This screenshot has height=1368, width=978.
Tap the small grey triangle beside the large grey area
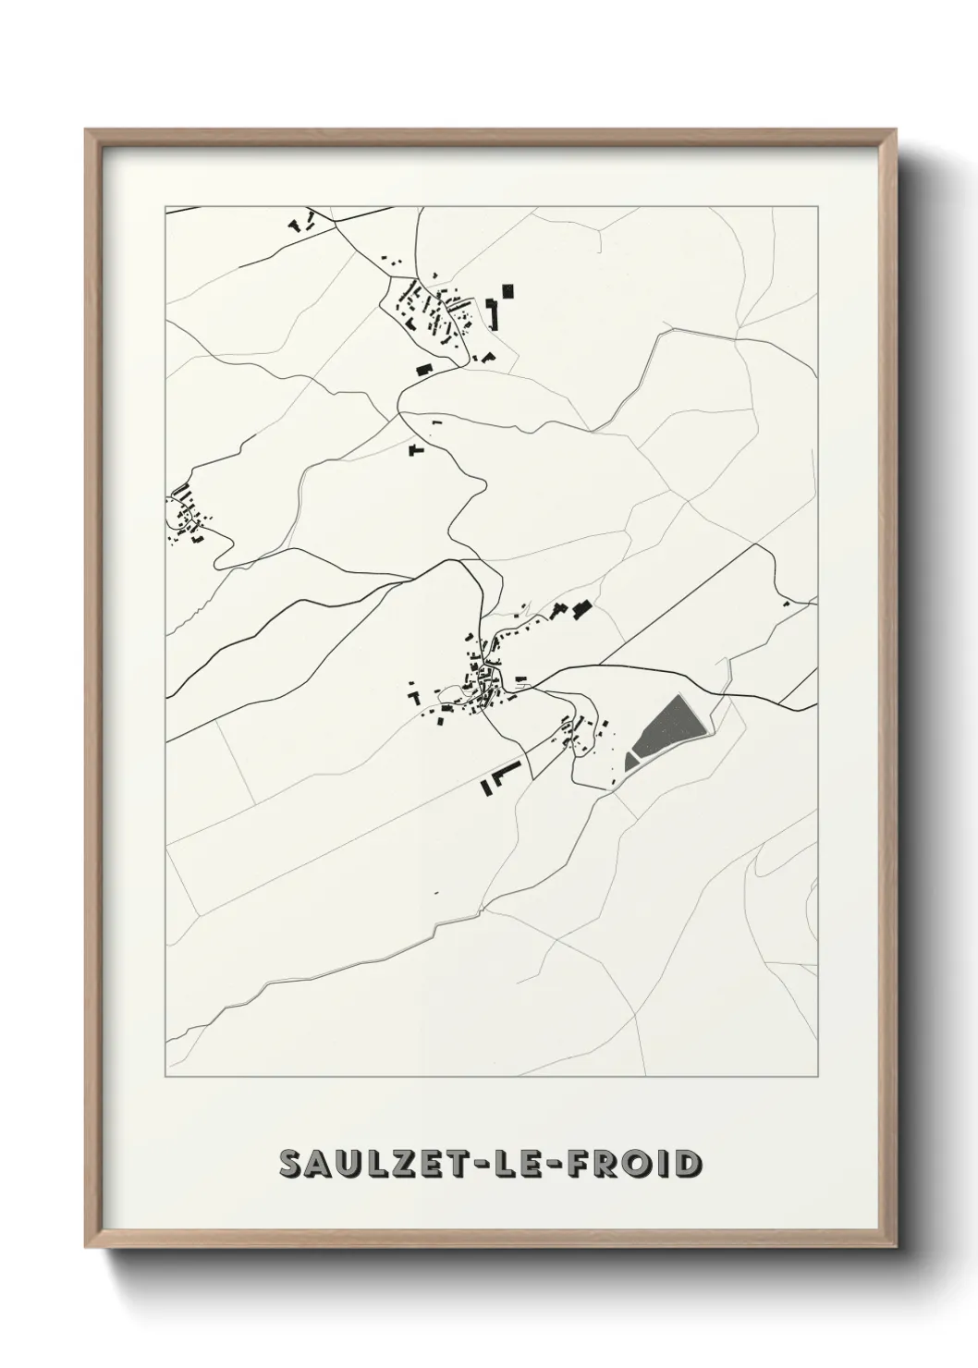(x=631, y=762)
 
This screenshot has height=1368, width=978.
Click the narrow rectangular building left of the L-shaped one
(x=483, y=788)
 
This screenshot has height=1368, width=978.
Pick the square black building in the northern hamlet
(x=507, y=290)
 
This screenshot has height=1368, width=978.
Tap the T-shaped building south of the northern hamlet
(x=416, y=450)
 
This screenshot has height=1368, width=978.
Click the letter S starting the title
(x=294, y=1165)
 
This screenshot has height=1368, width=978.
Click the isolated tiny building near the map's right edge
(x=786, y=604)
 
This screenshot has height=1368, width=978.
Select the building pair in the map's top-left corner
(x=301, y=222)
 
